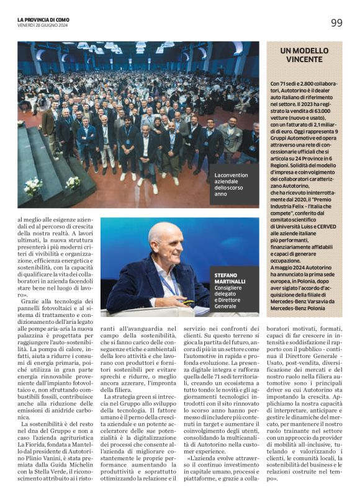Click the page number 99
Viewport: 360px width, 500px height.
(x=336, y=23)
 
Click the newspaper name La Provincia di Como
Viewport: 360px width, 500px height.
(x=43, y=19)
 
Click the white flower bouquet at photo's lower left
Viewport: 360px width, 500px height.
(x=34, y=185)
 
